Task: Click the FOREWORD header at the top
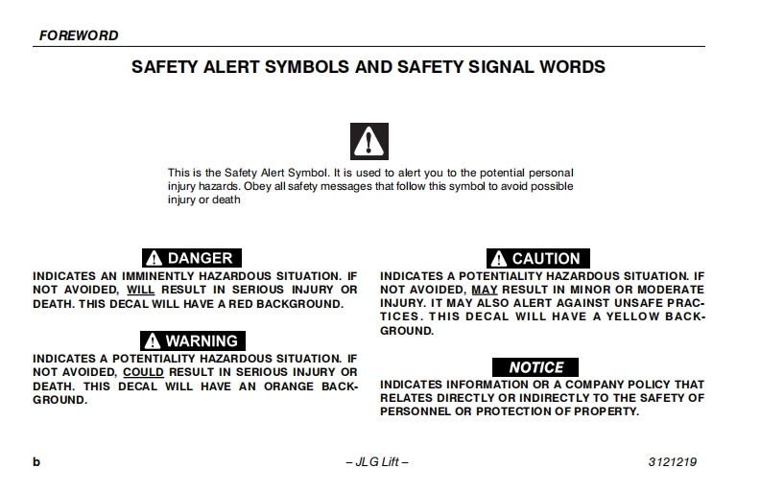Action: (79, 35)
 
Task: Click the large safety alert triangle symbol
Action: (369, 141)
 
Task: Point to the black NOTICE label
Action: (535, 367)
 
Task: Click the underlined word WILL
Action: (140, 290)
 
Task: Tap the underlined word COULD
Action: (143, 372)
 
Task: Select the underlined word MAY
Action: (484, 290)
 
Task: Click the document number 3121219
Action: (673, 462)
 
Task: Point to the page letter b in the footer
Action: (36, 462)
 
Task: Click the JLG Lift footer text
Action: (377, 462)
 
